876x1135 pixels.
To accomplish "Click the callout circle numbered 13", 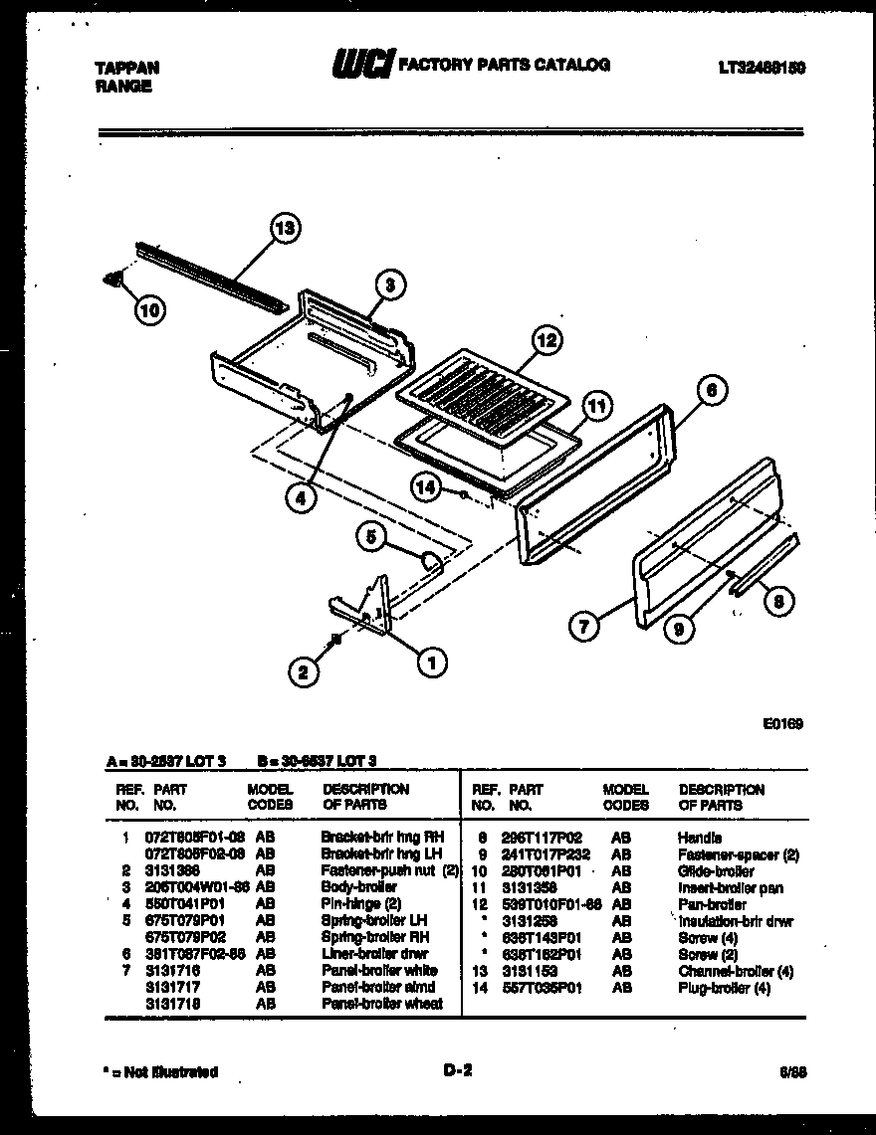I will [285, 229].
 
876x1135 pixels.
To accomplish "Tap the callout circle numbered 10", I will [149, 310].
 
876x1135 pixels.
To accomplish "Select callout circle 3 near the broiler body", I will [390, 285].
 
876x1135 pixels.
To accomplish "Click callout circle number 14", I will [426, 486].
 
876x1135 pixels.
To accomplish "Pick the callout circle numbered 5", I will [371, 537].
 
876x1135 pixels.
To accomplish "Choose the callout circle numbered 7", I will [583, 626].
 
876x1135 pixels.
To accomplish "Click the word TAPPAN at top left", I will [126, 69].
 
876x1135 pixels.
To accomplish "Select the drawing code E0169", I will [783, 724].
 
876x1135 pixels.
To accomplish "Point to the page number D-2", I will [456, 1071].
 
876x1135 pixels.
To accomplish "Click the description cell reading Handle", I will [699, 838].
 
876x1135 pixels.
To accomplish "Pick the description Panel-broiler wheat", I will [382, 1004].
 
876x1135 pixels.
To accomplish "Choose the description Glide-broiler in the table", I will [716, 871].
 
